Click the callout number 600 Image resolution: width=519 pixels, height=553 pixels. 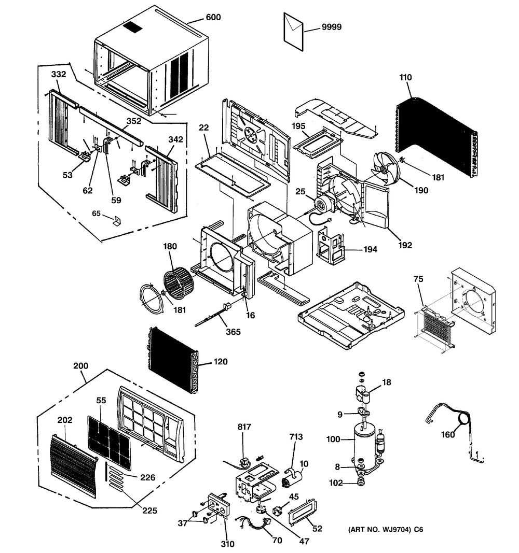213,17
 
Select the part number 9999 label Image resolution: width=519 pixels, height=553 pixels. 331,27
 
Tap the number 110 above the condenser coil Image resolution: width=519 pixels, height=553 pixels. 405,77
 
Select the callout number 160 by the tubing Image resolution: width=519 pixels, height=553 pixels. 447,434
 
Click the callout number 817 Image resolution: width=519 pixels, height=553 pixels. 244,427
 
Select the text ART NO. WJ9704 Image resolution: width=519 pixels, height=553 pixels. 385,530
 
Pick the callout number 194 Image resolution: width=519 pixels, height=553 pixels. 370,249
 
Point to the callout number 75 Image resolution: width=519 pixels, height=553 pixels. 418,279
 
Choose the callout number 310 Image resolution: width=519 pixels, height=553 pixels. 227,544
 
